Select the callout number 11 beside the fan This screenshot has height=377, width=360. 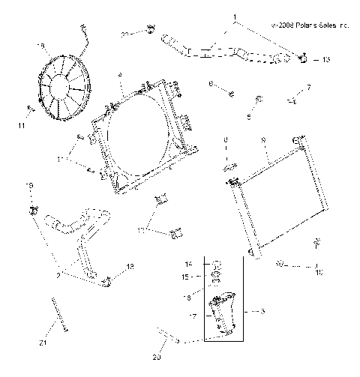pos(22,125)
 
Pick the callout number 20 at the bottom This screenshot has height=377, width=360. pos(156,358)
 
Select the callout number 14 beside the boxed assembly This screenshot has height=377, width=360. pos(189,265)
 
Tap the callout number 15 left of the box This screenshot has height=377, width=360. pos(189,277)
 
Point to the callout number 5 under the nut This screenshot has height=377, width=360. pos(250,116)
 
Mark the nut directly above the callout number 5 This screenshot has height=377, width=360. pos(258,99)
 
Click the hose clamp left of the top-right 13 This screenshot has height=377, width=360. pos(303,58)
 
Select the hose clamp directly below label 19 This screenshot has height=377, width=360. pos(33,208)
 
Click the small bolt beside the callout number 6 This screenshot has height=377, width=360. pos(232,93)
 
